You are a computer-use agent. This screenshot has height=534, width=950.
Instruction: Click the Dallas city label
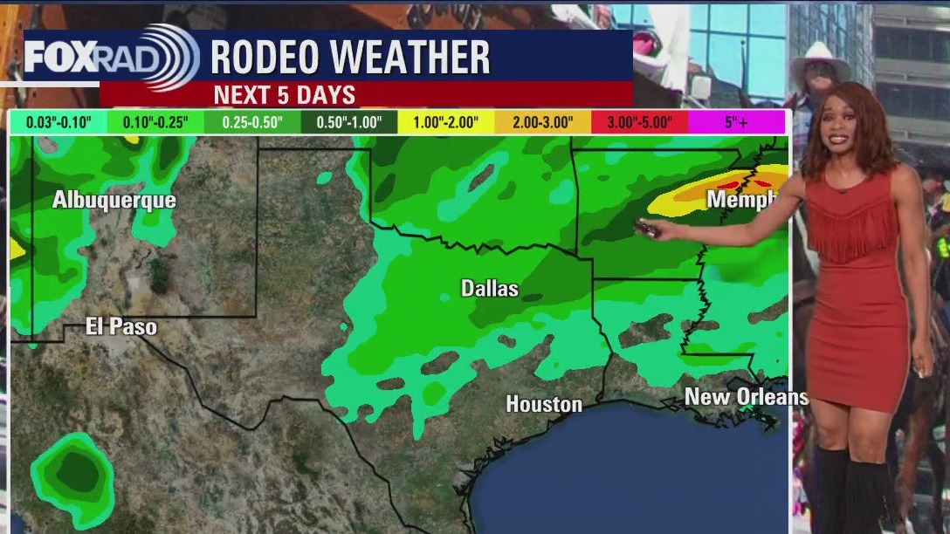(x=489, y=288)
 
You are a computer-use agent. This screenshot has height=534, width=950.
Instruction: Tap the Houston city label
(x=544, y=404)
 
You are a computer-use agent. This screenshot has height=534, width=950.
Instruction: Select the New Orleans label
(x=746, y=397)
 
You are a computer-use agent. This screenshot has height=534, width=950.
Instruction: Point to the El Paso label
(x=121, y=327)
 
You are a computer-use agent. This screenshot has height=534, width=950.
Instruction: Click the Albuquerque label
(x=114, y=200)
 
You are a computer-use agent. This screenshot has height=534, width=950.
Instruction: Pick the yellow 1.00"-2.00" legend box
(x=445, y=122)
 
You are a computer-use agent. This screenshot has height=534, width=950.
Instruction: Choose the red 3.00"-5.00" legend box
(x=639, y=122)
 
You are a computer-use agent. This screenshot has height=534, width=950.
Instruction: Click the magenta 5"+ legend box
(x=736, y=122)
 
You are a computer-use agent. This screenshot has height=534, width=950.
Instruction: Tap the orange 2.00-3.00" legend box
(x=542, y=122)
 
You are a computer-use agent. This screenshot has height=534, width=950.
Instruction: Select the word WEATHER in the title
(x=422, y=58)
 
